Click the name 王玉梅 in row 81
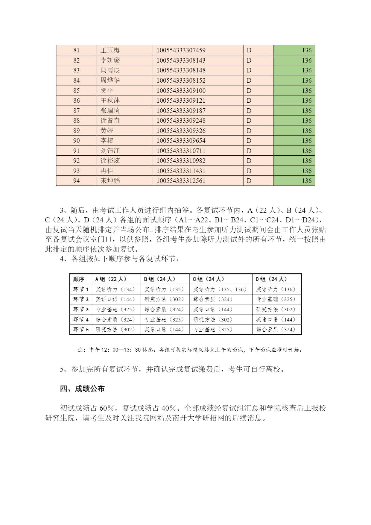[110, 50]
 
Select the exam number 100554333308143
[181, 60]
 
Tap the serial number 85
[76, 90]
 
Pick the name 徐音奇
[110, 121]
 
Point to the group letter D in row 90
[249, 141]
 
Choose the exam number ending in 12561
[181, 181]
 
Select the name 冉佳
[107, 171]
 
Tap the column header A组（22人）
[111, 279]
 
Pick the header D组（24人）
[271, 279]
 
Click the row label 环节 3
[81, 309]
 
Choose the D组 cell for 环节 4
[276, 320]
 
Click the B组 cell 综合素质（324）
[164, 309]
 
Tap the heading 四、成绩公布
[82, 389]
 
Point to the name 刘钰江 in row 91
[110, 151]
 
